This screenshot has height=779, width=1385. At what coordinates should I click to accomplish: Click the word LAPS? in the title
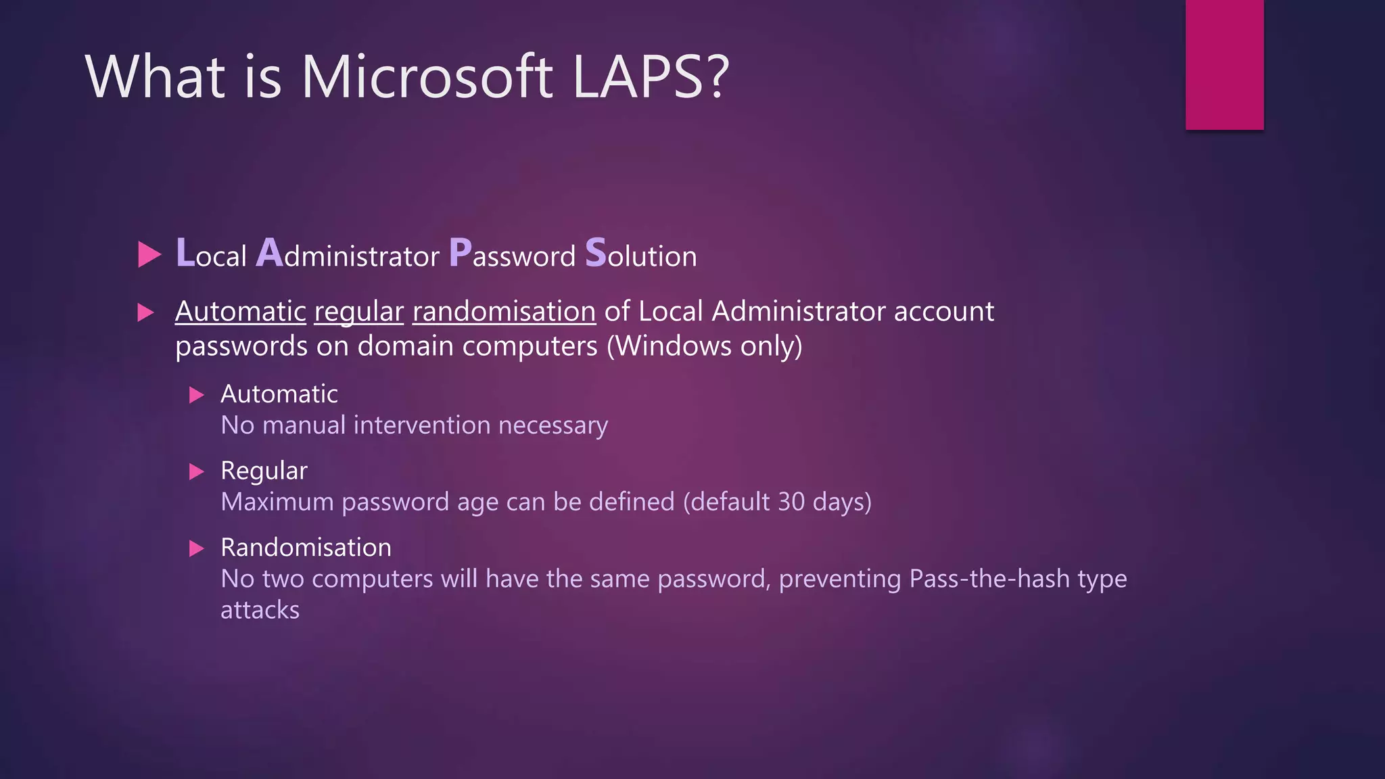coord(651,76)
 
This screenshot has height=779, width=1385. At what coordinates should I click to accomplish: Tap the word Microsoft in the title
coord(427,76)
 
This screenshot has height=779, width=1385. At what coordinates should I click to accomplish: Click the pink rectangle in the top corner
coord(1224,64)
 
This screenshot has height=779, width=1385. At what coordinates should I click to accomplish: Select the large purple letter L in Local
coord(185,254)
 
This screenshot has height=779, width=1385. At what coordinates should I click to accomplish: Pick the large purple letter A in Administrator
coord(269,254)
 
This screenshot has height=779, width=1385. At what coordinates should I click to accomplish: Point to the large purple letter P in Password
coord(460,254)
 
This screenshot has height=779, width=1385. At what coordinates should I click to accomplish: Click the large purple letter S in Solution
coord(596,254)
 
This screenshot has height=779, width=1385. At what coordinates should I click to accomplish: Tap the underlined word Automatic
coord(240,312)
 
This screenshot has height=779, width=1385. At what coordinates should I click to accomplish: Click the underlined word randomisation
coord(504,312)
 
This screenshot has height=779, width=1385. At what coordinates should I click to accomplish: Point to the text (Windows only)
coord(704,346)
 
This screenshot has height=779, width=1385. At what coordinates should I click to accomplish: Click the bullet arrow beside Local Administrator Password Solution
coord(149,255)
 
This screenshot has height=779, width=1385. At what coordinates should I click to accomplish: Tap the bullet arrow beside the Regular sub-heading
coord(196,471)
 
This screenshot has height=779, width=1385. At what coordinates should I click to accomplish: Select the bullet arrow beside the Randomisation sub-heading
coord(196,548)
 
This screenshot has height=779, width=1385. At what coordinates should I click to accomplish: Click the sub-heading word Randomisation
coord(306,547)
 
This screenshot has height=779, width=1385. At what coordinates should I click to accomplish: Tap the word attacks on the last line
coord(260,610)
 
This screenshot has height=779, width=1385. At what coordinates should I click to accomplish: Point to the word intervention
coord(421,425)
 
